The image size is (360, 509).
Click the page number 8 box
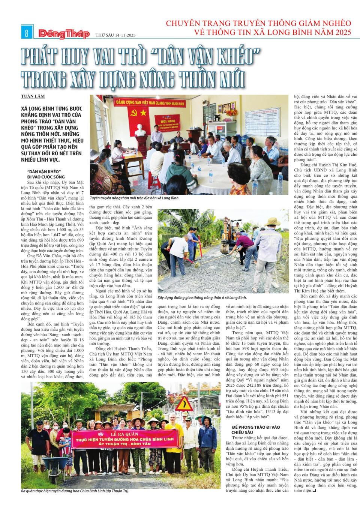27,33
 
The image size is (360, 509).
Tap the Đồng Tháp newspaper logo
64,34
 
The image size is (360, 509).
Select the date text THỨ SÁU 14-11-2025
115,35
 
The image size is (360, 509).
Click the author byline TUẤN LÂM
33,96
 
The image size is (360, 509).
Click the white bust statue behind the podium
141,130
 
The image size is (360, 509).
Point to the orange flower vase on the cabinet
231,112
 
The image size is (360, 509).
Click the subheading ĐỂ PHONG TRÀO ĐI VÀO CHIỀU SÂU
255,429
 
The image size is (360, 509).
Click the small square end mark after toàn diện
314,491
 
